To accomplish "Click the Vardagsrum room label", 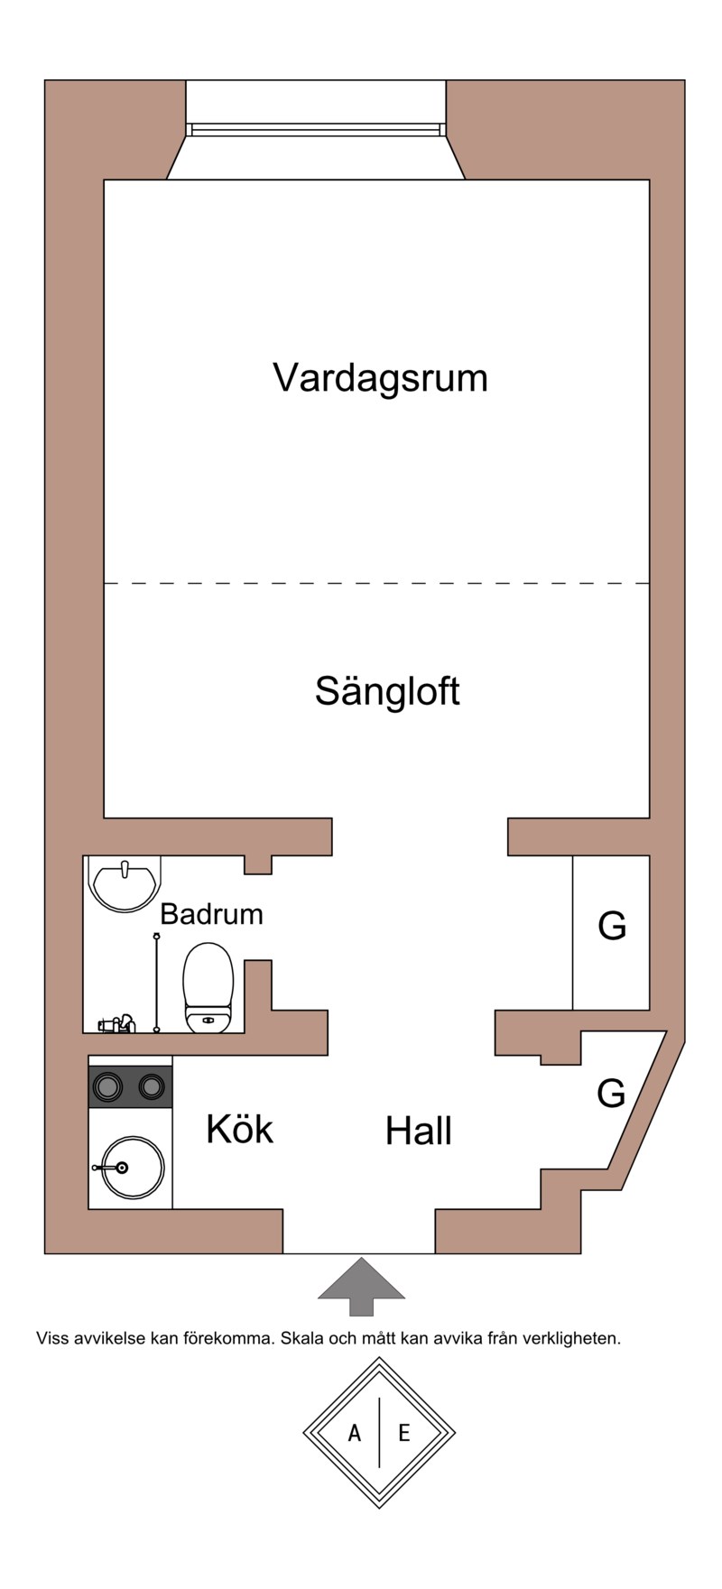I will click(380, 377).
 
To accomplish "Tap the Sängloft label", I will click(387, 691).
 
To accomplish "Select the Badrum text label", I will click(211, 914).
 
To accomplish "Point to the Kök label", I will click(239, 1129).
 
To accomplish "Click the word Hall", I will click(418, 1131).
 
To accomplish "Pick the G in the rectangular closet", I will click(612, 926).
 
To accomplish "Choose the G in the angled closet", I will click(611, 1094).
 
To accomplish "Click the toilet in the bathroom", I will click(208, 988).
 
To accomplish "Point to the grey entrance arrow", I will click(361, 1286).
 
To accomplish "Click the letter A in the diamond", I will click(355, 1432).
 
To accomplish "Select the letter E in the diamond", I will click(403, 1432).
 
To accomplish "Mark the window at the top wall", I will click(316, 129).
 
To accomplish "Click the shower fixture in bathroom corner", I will click(116, 1023).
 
